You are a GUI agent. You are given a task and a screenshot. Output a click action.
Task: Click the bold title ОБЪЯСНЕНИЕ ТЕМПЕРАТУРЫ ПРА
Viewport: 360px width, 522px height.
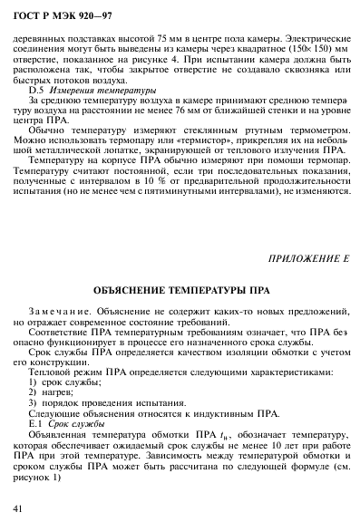(x=180, y=293)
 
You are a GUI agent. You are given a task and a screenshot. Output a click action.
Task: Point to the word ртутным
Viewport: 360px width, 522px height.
(x=251, y=130)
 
